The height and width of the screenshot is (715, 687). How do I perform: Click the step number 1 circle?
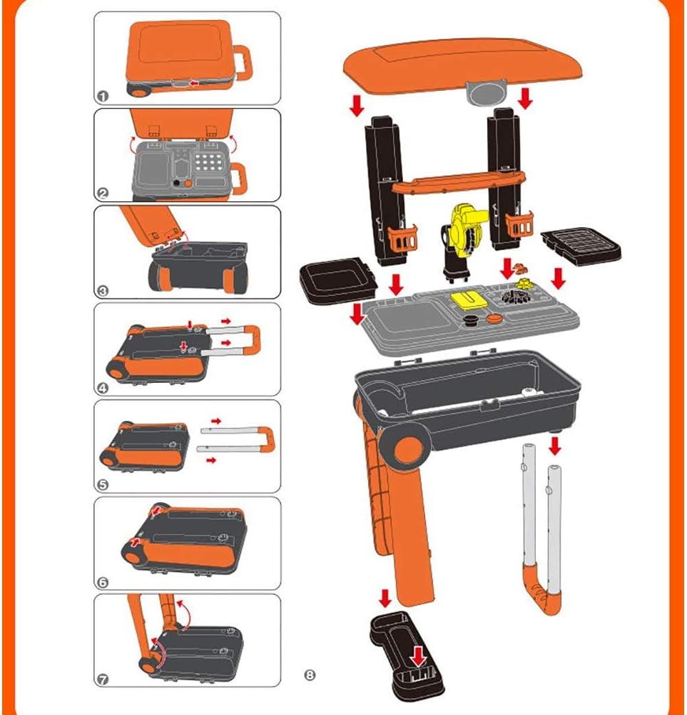pos(104,96)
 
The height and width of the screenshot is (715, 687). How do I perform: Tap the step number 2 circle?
pos(104,193)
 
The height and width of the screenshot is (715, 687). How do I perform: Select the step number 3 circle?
pos(104,290)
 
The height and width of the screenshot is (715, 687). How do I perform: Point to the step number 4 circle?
pos(104,387)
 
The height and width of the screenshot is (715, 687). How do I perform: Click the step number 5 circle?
pos(104,484)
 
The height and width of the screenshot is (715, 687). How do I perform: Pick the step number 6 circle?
pos(104,581)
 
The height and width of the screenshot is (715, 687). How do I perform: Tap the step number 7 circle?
pos(104,679)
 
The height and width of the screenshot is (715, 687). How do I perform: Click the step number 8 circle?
pos(310,674)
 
